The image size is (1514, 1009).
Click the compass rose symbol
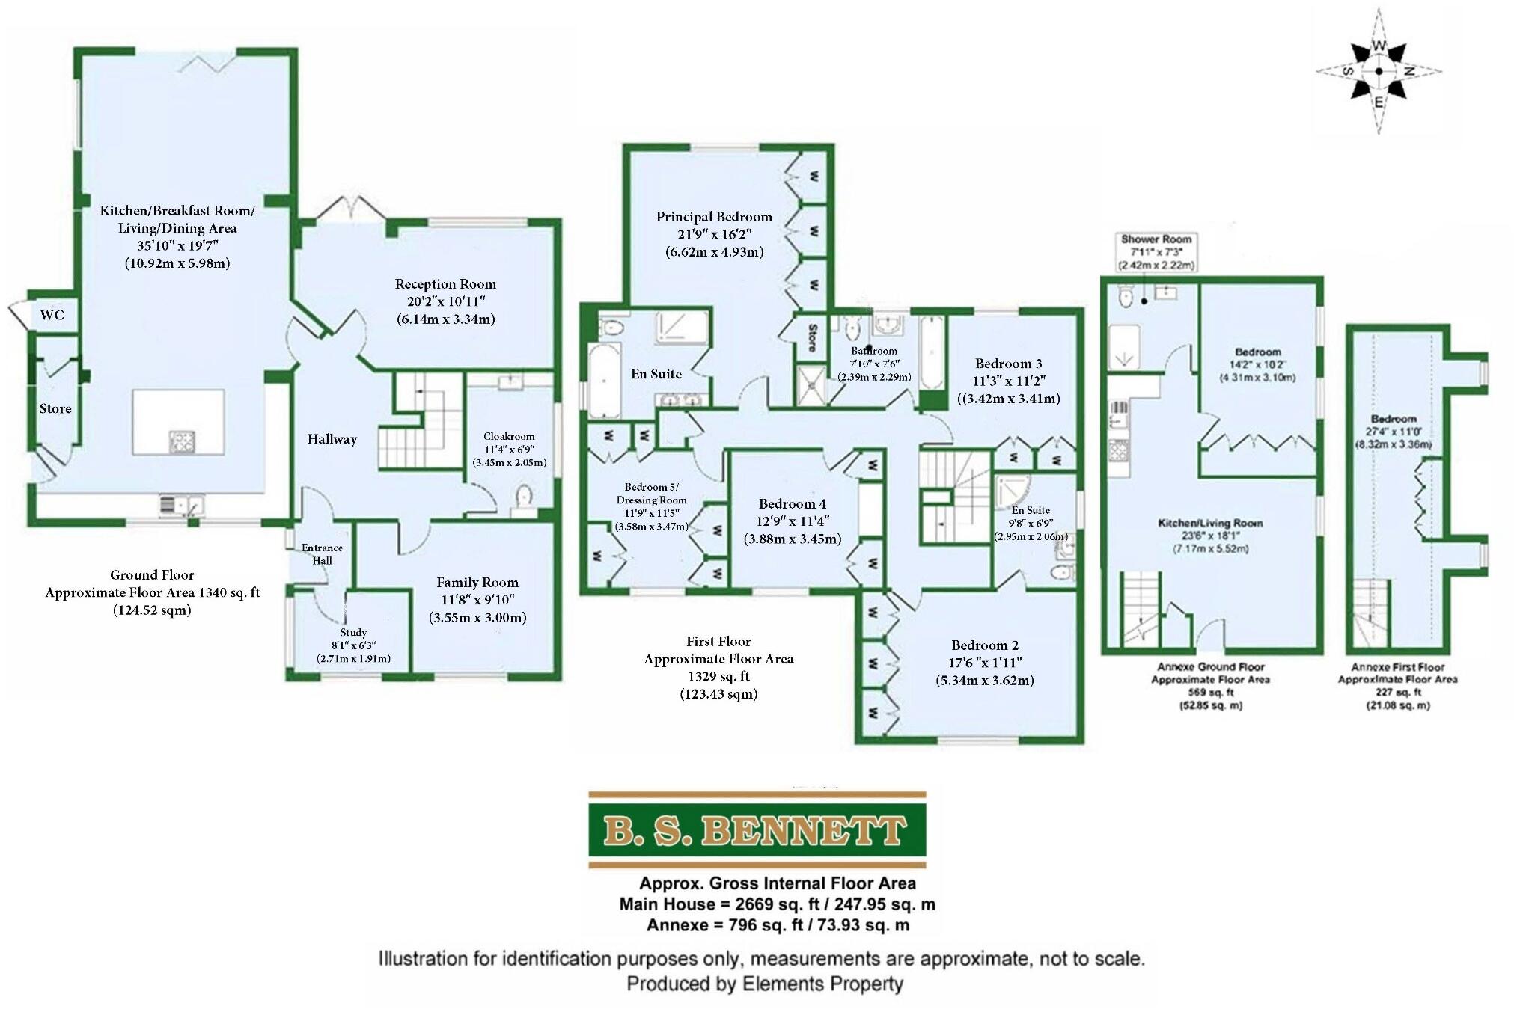tap(1379, 72)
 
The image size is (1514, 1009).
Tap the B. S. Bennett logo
tap(757, 829)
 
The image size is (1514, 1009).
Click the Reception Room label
tap(445, 284)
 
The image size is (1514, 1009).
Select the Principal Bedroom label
tap(714, 217)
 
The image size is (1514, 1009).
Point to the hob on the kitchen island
tap(182, 441)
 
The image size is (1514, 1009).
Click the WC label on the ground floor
tap(52, 315)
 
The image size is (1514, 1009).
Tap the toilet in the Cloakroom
tap(524, 495)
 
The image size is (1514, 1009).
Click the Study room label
tap(353, 633)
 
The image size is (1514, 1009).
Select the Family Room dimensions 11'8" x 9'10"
tap(477, 600)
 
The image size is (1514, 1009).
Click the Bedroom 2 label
tap(984, 645)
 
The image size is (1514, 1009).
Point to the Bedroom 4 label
tap(792, 503)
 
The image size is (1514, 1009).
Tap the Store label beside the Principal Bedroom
tap(812, 337)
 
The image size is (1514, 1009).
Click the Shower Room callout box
tap(1156, 252)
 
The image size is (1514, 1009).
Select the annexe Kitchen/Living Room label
tap(1210, 523)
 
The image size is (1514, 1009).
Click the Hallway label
tap(332, 439)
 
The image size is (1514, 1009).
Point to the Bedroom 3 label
tap(1008, 364)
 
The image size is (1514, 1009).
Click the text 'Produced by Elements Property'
tap(764, 984)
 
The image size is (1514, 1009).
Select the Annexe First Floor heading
tap(1397, 667)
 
